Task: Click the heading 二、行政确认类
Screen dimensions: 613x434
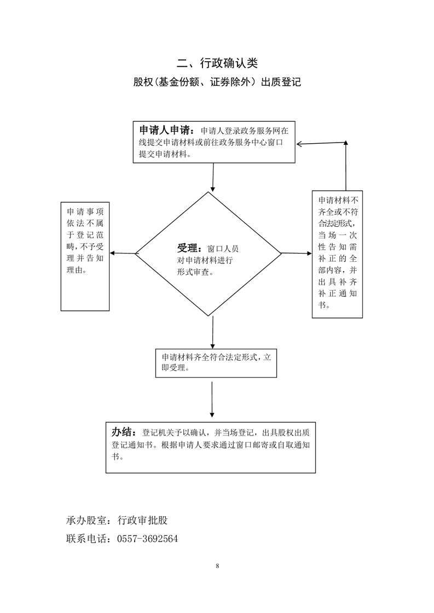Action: [217, 63]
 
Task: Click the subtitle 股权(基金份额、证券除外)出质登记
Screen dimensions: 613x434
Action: [217, 83]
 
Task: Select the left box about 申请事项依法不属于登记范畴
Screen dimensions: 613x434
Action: [84, 256]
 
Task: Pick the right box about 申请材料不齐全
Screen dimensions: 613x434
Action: [337, 254]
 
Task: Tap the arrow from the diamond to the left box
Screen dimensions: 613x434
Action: [123, 253]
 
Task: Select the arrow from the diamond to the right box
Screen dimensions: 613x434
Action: [296, 253]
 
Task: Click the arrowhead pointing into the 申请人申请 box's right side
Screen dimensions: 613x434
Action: [301, 144]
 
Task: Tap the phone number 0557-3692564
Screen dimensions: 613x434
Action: [148, 539]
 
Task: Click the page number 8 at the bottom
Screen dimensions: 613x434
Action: [217, 565]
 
